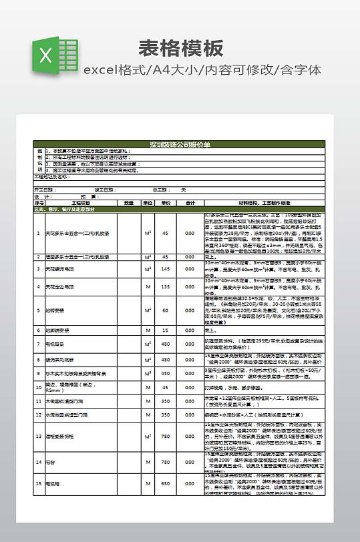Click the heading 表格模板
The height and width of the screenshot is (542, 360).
(x=181, y=48)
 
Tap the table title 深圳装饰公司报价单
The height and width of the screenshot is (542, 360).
(x=180, y=144)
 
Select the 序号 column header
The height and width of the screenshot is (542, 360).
(x=38, y=202)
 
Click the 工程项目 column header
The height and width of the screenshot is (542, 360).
(x=80, y=202)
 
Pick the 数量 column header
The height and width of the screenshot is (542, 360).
(x=129, y=202)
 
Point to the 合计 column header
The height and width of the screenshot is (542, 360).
(x=190, y=202)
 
